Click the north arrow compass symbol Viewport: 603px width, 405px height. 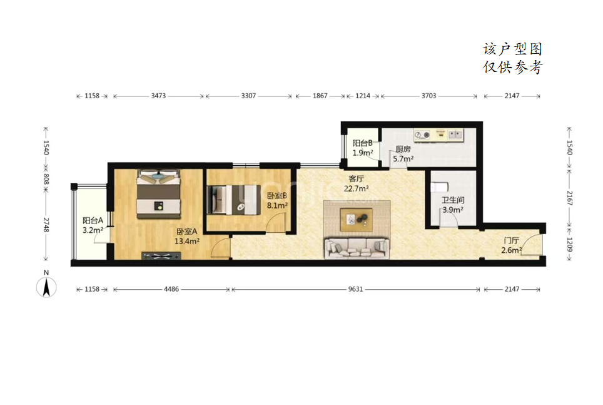(x=46, y=287)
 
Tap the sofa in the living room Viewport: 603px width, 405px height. (x=356, y=249)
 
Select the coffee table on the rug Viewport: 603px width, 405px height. (x=356, y=220)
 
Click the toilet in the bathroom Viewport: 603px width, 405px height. (x=439, y=188)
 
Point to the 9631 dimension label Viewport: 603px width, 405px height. (x=356, y=289)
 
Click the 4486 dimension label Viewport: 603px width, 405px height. (x=171, y=289)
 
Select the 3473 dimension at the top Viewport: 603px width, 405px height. (x=158, y=96)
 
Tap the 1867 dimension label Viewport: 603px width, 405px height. (x=320, y=96)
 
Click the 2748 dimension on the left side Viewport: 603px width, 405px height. (x=46, y=225)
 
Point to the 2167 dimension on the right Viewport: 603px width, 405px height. (x=570, y=198)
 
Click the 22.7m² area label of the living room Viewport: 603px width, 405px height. (x=356, y=188)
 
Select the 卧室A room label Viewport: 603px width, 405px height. (x=187, y=232)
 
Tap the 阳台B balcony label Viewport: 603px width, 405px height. (x=362, y=143)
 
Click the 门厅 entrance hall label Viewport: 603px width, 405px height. (x=512, y=240)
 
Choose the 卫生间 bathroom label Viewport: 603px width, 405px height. (x=453, y=200)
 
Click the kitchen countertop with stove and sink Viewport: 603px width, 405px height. (x=438, y=135)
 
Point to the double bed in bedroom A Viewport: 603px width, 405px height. (x=158, y=194)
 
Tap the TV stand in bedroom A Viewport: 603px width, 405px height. (x=161, y=255)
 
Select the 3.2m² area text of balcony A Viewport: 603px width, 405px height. (x=93, y=230)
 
